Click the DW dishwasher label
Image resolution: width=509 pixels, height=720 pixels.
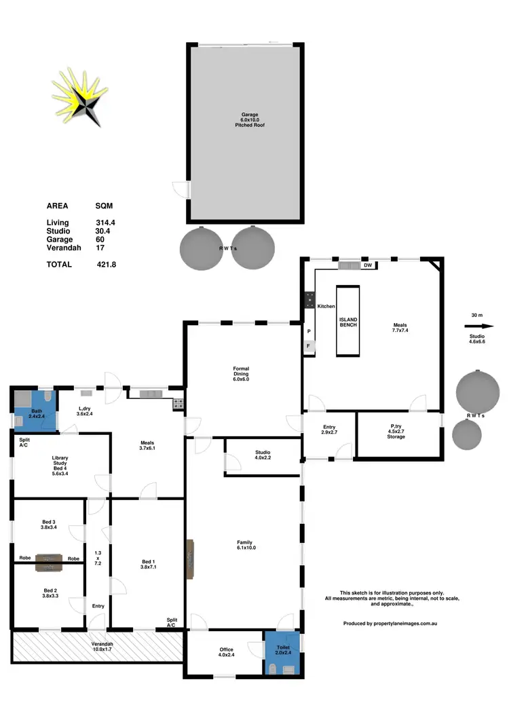coord(367,265)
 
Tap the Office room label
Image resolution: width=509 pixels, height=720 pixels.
coord(226,653)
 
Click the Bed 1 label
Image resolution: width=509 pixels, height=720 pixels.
coord(148,564)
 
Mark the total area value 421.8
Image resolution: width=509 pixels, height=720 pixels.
coord(106,265)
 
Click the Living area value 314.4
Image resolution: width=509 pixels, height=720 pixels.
coord(106,223)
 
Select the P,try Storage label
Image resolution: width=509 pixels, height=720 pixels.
coord(396,433)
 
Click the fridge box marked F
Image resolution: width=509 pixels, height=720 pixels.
coord(308,346)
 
